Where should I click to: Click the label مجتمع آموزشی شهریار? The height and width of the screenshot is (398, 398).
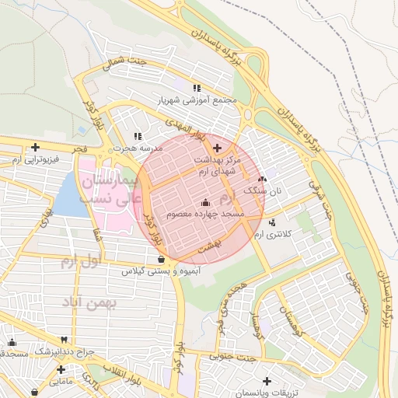(196, 101)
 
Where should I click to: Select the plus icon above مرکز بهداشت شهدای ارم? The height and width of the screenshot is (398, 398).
(216, 148)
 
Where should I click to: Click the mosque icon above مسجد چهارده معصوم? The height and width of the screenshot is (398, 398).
(205, 202)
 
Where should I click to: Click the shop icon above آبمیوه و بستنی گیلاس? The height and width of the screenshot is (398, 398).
(160, 260)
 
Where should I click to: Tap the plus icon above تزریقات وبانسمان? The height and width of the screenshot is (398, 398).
(267, 382)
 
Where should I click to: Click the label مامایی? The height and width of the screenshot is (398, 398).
(61, 382)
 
